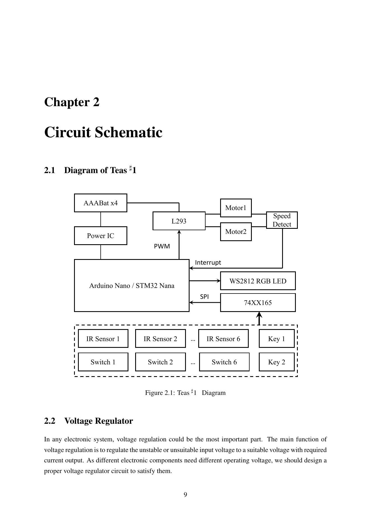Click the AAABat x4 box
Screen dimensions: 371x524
tap(100, 203)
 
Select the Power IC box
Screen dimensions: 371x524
tap(100, 236)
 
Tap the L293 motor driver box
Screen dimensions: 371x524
tap(179, 221)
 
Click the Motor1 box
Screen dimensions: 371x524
tap(236, 208)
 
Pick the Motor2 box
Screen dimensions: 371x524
tap(236, 232)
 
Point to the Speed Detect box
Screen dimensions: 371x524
tap(282, 220)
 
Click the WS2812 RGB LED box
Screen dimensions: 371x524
tap(258, 281)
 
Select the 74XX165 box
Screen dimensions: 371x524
tap(258, 302)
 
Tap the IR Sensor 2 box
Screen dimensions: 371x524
tap(160, 339)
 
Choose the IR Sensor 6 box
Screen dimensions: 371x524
tap(223, 339)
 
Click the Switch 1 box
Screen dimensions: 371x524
tap(103, 362)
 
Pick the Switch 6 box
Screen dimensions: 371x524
tap(224, 362)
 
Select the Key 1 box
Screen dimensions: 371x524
tap(276, 339)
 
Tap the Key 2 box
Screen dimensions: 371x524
tap(276, 362)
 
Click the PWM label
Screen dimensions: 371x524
tap(162, 246)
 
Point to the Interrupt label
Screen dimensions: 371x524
tap(208, 262)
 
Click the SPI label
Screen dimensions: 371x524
tap(204, 297)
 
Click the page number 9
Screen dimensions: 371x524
tap(185, 495)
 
